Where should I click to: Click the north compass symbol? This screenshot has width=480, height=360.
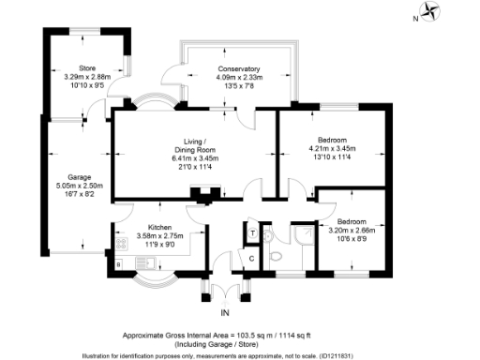tap(432, 13)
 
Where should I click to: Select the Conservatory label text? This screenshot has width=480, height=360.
tap(232, 69)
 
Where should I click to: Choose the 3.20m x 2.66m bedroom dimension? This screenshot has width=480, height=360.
tap(351, 229)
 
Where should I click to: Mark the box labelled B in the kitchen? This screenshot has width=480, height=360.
tap(118, 265)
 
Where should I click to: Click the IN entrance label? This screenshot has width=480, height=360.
tap(225, 312)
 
